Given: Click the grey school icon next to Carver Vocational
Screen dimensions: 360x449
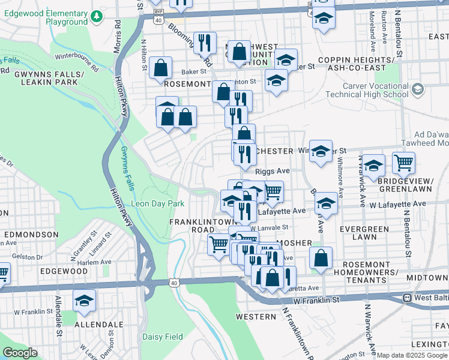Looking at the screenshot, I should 418,90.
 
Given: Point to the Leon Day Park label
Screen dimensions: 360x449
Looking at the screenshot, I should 158,203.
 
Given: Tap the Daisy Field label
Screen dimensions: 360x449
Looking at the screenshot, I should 162,337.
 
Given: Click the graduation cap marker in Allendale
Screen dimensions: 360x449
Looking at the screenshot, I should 85,300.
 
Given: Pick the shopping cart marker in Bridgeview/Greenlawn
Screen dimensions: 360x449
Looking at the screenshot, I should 404,162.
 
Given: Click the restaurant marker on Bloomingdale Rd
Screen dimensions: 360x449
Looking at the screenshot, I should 206,41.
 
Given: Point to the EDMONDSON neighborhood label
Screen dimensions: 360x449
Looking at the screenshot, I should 31,234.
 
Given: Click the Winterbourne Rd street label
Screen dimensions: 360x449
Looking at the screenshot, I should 76,61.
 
